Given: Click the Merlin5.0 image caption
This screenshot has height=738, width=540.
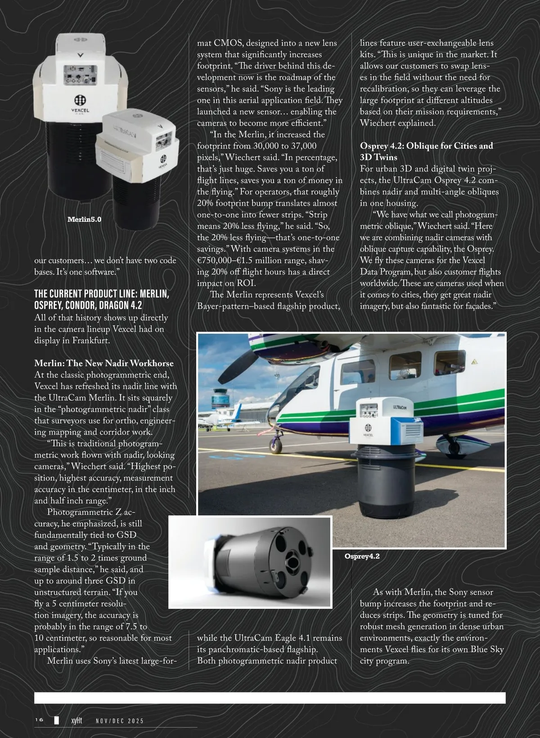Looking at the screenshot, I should tap(84, 219).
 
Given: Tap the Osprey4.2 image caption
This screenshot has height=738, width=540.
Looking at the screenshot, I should tap(362, 556).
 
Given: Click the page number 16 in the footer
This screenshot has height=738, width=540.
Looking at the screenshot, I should tap(39, 720).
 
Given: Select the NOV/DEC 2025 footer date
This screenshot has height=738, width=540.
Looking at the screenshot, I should tap(120, 721).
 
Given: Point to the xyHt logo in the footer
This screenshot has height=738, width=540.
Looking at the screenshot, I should tap(76, 720).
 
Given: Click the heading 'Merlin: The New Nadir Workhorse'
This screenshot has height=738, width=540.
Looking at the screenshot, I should tap(103, 363).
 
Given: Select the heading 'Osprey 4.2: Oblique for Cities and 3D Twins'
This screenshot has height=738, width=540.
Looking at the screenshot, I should tap(426, 151).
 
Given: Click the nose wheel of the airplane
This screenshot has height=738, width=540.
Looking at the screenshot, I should tap(276, 446).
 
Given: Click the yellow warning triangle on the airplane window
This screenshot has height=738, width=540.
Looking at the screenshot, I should tap(474, 361).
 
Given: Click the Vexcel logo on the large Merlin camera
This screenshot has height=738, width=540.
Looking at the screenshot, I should tap(81, 100).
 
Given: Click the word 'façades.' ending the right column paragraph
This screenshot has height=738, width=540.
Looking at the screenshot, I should tap(474, 306).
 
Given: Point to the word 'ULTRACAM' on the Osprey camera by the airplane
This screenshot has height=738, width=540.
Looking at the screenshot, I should tap(400, 407).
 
